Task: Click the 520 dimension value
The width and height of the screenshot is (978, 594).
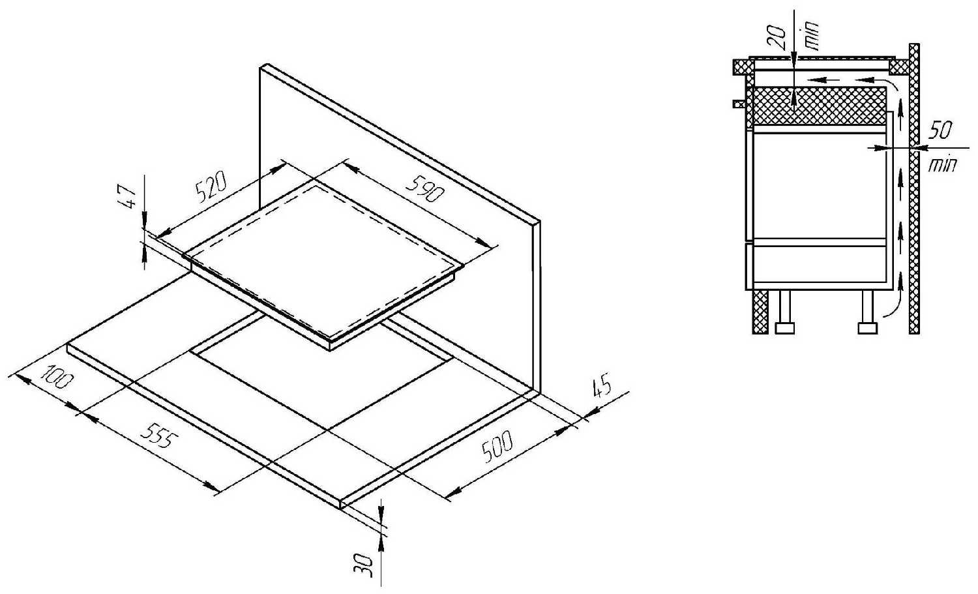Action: point(211,188)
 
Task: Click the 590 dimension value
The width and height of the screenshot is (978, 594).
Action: point(425,189)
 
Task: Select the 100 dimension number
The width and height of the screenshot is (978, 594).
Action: point(57,376)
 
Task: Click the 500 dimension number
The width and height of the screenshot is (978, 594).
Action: point(497,445)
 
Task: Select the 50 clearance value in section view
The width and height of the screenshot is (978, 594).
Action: point(940,130)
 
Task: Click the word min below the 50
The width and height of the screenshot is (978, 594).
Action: point(943,165)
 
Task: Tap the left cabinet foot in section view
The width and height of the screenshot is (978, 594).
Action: point(784,313)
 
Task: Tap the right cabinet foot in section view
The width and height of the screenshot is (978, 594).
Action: point(868,313)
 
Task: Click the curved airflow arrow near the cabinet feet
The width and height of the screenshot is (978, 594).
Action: point(893,301)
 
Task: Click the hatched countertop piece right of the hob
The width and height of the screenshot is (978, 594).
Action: point(899,67)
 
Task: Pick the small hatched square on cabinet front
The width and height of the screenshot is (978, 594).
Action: point(738,104)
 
